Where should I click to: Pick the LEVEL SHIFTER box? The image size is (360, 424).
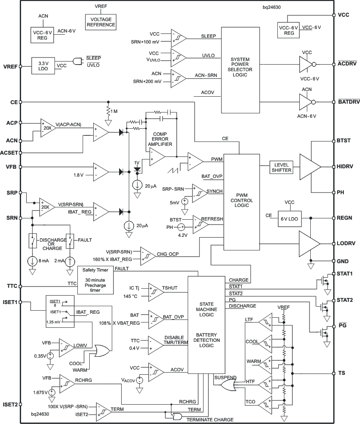point(280,167)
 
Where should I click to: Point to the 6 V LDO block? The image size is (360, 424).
point(289,219)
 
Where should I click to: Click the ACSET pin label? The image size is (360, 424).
point(10,152)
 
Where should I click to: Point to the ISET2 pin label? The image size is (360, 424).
point(9,405)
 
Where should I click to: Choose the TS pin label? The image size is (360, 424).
point(341,373)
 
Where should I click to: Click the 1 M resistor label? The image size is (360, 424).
point(115,112)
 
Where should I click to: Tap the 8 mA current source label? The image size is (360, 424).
point(44,261)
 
